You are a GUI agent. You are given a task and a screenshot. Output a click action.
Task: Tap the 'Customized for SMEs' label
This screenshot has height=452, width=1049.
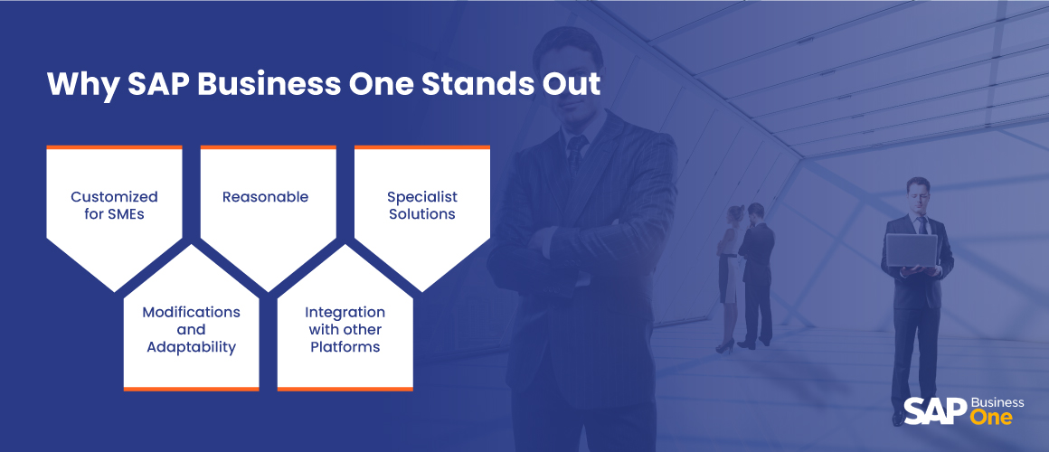pyautogui.click(x=115, y=205)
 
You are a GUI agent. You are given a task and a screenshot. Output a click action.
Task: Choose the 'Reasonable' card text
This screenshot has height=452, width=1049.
pyautogui.click(x=266, y=196)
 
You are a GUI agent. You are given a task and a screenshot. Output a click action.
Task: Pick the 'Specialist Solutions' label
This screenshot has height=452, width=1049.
pyautogui.click(x=422, y=205)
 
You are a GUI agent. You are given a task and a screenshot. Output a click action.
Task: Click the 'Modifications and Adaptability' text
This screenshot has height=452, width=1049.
pyautogui.click(x=192, y=330)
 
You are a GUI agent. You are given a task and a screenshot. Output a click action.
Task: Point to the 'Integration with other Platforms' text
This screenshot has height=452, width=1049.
pyautogui.click(x=345, y=330)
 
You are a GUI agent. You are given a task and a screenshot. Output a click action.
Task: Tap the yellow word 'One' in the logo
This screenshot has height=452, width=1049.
pyautogui.click(x=991, y=418)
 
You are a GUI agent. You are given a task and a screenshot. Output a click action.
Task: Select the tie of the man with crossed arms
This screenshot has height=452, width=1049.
pyautogui.click(x=575, y=155)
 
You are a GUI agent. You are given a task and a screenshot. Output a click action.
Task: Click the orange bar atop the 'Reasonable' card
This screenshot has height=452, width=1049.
pyautogui.click(x=269, y=147)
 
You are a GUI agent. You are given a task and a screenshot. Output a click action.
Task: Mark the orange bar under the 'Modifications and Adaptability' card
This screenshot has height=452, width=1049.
pyautogui.click(x=192, y=389)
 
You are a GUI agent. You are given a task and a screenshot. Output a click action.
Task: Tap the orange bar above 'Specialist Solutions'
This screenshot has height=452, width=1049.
pyautogui.click(x=422, y=147)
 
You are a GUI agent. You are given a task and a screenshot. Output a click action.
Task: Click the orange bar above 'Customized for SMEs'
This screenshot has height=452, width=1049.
pyautogui.click(x=115, y=147)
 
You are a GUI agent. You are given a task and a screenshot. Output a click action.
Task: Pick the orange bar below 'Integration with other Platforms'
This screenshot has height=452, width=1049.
pyautogui.click(x=345, y=389)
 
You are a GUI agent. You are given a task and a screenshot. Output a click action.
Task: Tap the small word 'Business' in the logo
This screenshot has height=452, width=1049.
pyautogui.click(x=997, y=402)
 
